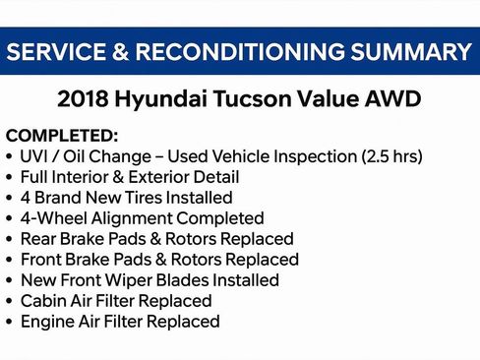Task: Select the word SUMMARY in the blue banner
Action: tap(411, 52)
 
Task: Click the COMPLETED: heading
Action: tap(62, 136)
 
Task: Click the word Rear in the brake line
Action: tap(39, 239)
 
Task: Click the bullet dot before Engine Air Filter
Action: tap(10, 322)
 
